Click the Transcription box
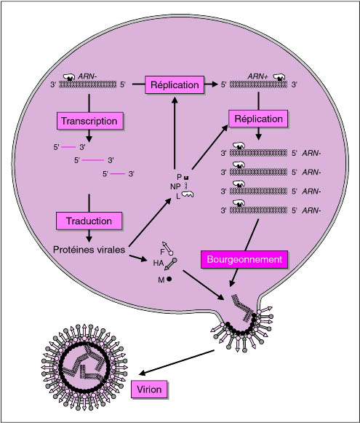(x=90, y=121)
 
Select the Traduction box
(x=89, y=221)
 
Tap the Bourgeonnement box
(x=244, y=259)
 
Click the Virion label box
(x=149, y=390)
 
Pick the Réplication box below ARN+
(x=258, y=119)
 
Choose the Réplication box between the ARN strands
(x=175, y=84)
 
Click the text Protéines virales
(x=89, y=250)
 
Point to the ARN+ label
(x=257, y=76)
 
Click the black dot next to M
(x=169, y=279)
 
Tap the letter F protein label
(x=162, y=252)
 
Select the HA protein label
(x=159, y=263)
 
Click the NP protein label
(x=175, y=186)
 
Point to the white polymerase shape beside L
(x=188, y=194)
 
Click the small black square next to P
(x=186, y=178)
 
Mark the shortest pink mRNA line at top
(x=118, y=174)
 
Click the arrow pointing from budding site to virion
(x=177, y=363)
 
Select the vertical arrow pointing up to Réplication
(x=175, y=133)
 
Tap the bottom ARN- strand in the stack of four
(x=258, y=210)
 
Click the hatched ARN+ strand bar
(x=258, y=84)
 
